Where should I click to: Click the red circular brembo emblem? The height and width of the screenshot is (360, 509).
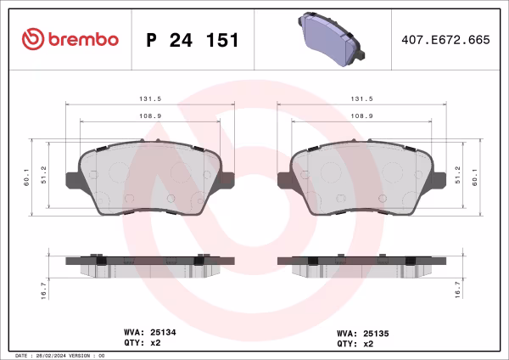32,39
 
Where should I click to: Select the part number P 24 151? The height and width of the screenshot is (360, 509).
193,39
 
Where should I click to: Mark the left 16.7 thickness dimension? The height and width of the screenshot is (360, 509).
45,290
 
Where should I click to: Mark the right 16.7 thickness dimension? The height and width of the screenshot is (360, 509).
458,290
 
